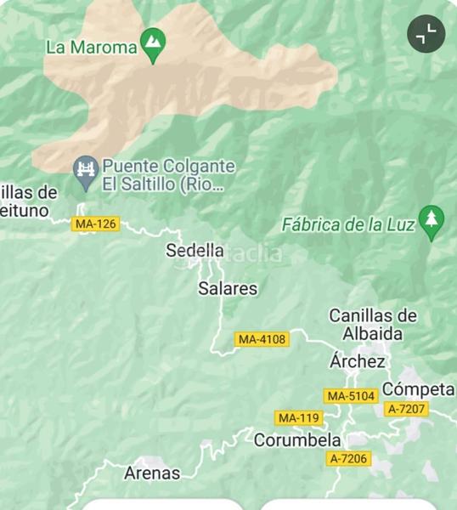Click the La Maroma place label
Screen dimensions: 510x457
(91, 48)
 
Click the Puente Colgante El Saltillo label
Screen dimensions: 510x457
(168, 175)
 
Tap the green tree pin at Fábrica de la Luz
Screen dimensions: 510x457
(432, 222)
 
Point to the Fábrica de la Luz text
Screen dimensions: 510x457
(348, 225)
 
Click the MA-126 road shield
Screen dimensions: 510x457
(95, 224)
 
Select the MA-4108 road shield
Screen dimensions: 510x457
(262, 339)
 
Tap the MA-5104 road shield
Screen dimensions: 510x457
(350, 396)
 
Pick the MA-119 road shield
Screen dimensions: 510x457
(298, 417)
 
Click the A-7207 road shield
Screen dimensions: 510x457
(406, 409)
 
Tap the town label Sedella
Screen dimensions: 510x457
(195, 251)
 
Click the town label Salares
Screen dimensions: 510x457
(228, 289)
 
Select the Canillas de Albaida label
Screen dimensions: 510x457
(373, 325)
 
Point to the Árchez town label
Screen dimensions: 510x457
(358, 362)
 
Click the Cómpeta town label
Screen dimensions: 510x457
(418, 389)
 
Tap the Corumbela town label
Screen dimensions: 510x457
(297, 440)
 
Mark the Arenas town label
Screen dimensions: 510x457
(152, 473)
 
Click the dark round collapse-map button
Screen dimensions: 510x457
(426, 34)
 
